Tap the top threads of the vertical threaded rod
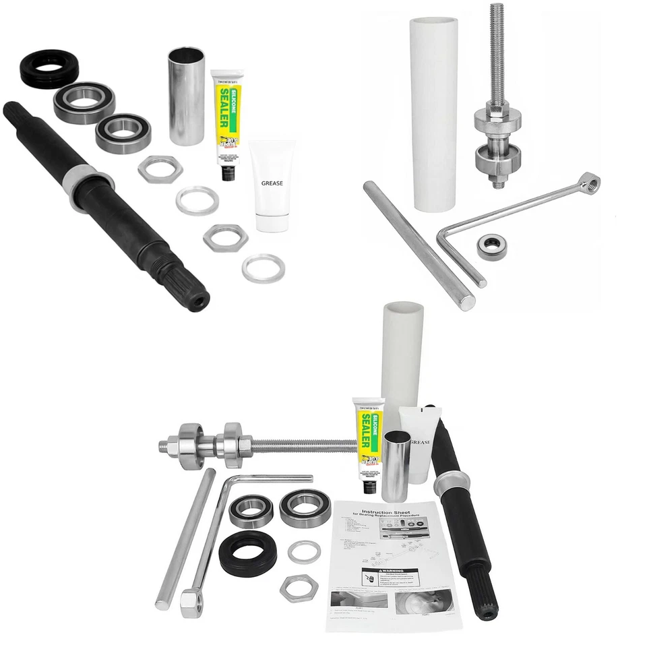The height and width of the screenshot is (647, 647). [497, 27]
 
